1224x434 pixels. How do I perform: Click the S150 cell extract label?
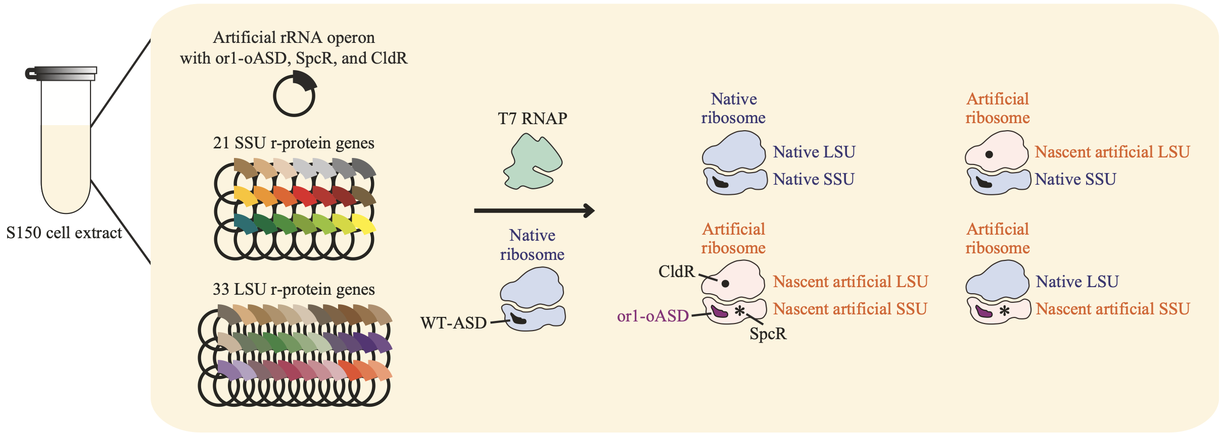tap(64, 233)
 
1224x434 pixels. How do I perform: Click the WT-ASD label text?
tap(453, 322)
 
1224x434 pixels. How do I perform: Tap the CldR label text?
tap(676, 272)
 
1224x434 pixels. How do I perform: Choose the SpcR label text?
tap(768, 334)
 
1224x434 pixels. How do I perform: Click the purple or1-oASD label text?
tap(652, 316)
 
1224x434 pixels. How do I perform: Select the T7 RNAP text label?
tap(533, 119)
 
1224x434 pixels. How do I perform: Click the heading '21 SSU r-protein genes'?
tap(294, 143)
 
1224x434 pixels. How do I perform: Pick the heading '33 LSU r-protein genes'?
tap(294, 290)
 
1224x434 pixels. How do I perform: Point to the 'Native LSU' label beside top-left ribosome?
tap(814, 152)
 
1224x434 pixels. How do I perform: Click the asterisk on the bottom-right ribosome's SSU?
tap(1004, 311)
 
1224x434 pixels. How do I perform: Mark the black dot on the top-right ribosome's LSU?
tap(989, 154)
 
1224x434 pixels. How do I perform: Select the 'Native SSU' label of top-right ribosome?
tap(1075, 179)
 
